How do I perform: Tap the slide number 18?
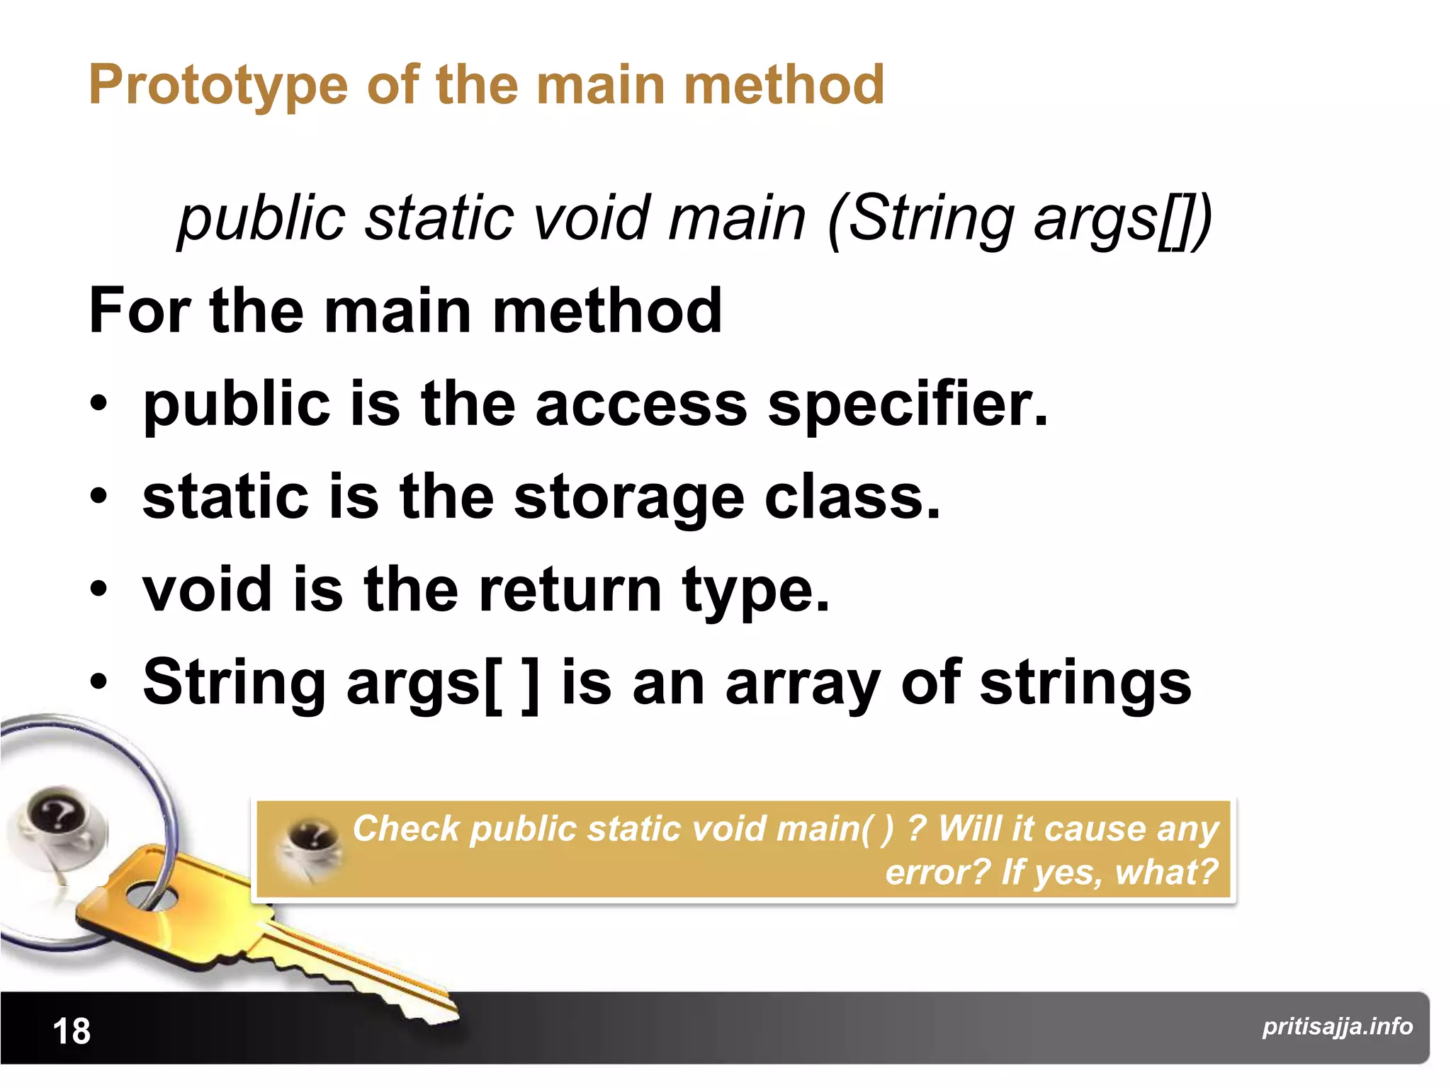(72, 1031)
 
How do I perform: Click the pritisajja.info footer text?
(1337, 1026)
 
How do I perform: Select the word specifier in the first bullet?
(907, 405)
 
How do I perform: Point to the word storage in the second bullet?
(628, 498)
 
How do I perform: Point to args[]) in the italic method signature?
(1123, 219)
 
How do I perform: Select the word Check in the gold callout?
(406, 828)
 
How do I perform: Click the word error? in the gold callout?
(937, 872)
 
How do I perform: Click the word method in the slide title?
(784, 85)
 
